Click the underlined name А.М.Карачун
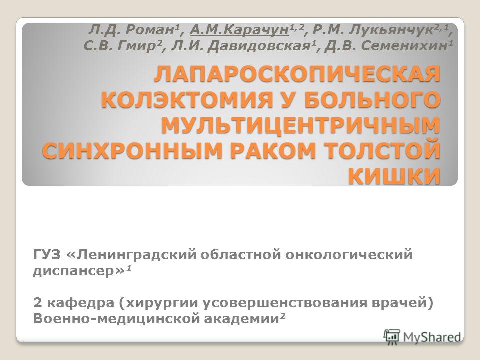[239, 30]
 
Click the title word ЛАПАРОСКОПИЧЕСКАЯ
[297, 74]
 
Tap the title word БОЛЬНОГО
[372, 100]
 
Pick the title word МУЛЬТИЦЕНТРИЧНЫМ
[300, 125]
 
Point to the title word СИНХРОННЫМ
[132, 151]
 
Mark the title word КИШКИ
[394, 176]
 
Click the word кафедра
[80, 303]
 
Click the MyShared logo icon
[392, 337]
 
